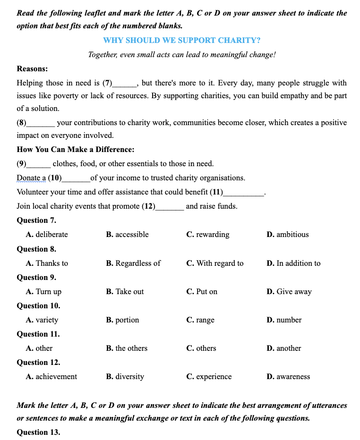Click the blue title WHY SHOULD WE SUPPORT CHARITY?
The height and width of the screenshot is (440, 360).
tap(181, 40)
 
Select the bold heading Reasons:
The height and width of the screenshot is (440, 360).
tap(32, 68)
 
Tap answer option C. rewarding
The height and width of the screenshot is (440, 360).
tap(208, 235)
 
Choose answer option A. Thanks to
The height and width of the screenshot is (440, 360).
tap(47, 263)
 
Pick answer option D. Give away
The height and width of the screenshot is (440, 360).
tap(289, 291)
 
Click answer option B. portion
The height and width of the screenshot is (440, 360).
tap(122, 320)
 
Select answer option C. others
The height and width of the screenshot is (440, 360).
tap(201, 348)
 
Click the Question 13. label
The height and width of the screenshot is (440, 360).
tap(38, 432)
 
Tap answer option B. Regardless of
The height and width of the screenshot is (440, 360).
tap(133, 263)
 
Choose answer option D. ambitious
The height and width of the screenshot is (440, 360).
tap(287, 235)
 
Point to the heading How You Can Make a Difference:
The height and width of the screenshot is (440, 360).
tap(75, 150)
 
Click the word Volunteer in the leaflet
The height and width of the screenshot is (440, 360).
tap(33, 192)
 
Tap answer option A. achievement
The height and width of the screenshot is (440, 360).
tap(51, 376)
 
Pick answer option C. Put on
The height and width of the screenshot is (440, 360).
tap(202, 291)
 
